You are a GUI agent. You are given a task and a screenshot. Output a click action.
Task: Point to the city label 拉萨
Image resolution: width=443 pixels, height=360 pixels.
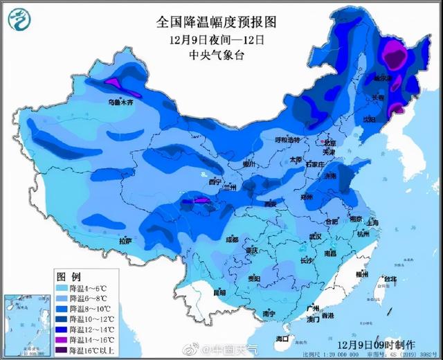[x=125, y=241]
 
